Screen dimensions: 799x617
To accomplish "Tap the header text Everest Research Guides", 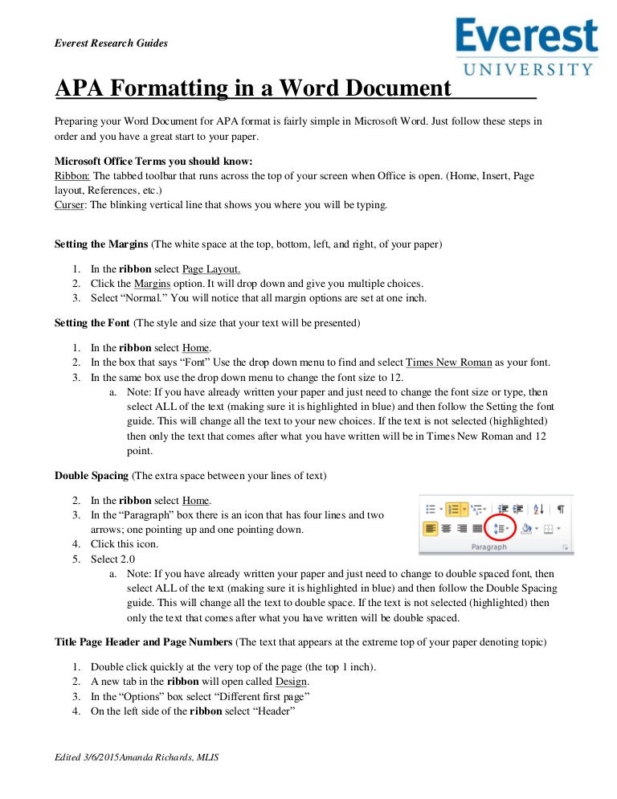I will point(111,43).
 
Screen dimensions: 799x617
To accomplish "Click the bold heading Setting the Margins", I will point(101,243).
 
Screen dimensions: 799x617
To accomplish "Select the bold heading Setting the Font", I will point(92,322).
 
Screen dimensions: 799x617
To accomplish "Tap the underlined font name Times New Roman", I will point(449,363).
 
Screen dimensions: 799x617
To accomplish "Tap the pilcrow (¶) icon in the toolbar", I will point(560,509).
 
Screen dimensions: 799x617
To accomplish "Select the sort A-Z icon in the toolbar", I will point(539,509).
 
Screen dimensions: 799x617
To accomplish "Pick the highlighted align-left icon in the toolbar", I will point(431,528).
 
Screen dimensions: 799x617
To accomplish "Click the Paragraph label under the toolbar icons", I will point(489,547).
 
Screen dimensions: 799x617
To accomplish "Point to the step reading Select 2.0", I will point(113,559).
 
